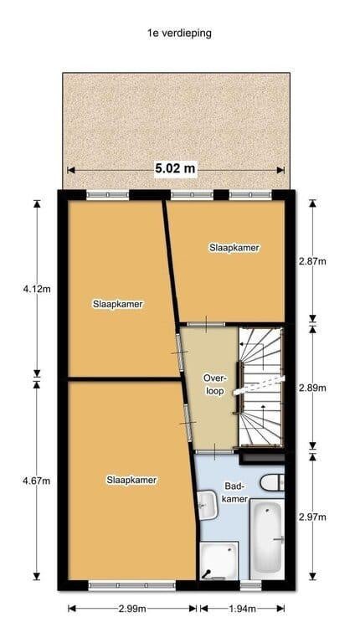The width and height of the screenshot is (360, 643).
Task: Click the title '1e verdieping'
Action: tap(180, 33)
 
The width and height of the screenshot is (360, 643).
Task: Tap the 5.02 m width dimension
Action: tap(176, 168)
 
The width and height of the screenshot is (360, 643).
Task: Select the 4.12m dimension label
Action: tap(37, 289)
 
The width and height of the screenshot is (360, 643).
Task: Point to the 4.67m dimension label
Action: tap(37, 481)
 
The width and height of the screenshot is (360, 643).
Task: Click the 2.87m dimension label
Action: tap(312, 261)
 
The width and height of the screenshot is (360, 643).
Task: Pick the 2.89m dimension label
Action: tap(312, 388)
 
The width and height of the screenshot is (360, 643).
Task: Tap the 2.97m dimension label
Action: tap(312, 517)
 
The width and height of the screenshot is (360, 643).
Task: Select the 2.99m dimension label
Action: tap(132, 609)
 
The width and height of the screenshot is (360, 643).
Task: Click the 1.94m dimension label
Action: tap(242, 609)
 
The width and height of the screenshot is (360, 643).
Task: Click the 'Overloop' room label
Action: tap(214, 384)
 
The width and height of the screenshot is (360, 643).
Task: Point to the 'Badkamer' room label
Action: tap(236, 492)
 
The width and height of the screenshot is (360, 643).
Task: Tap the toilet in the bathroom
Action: tap(272, 482)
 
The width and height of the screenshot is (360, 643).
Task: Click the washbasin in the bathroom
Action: tap(208, 505)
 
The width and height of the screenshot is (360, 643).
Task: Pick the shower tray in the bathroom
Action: tap(219, 562)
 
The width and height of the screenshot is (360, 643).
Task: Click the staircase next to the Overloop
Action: tap(261, 387)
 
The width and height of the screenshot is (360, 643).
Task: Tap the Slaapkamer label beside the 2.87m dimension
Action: tap(234, 248)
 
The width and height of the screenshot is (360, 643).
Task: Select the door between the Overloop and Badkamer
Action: tap(214, 451)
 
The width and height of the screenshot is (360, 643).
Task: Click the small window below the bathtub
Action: tap(250, 585)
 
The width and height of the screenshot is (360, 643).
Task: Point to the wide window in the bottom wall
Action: tap(132, 585)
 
